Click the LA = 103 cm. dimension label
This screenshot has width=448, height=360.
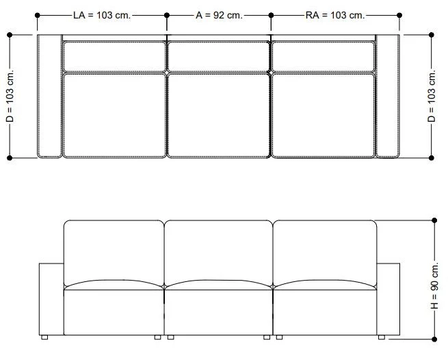click(x=102, y=15)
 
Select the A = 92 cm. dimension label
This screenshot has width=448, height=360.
click(x=219, y=15)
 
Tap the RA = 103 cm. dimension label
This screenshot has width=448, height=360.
click(x=335, y=15)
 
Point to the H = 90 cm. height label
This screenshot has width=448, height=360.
click(x=434, y=285)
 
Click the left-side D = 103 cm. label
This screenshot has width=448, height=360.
click(x=10, y=96)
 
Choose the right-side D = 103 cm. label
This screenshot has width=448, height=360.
click(x=432, y=96)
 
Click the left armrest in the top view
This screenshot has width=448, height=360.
click(x=49, y=96)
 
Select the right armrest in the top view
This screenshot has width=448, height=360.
click(x=387, y=96)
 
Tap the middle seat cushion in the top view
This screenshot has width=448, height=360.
click(x=219, y=116)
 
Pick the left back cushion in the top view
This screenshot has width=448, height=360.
click(x=114, y=57)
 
